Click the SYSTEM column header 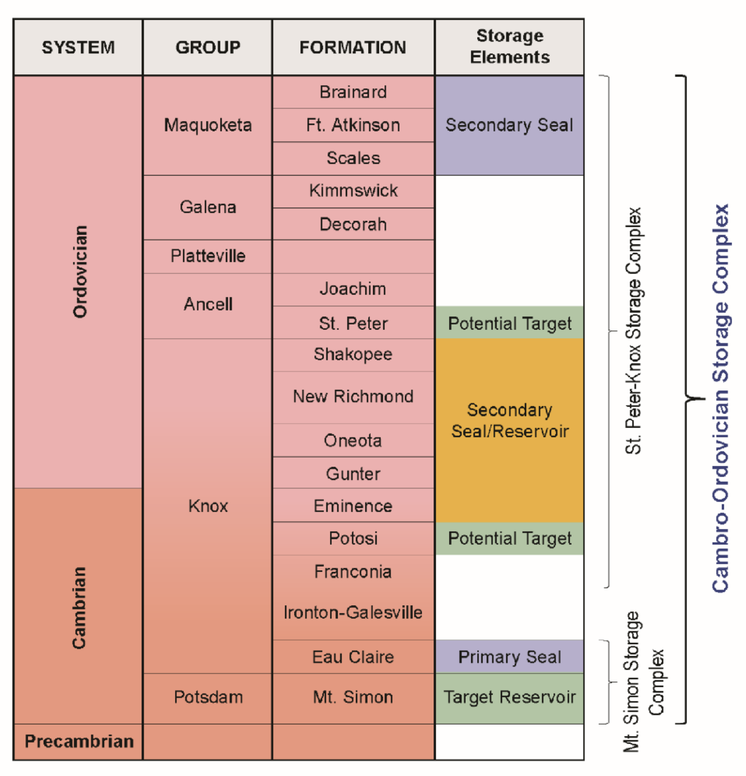pos(78,47)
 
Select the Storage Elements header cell pos(509,47)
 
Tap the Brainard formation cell pos(353,92)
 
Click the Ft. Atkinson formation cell pos(353,125)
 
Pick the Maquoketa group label pos(208,125)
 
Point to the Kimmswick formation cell pos(353,191)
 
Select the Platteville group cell pos(208,256)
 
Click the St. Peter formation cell pos(353,323)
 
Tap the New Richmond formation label pos(353,396)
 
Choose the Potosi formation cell pos(353,538)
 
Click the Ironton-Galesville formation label pos(353,613)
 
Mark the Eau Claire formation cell pos(353,657)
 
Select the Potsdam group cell pos(208,697)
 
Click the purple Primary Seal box pos(509,657)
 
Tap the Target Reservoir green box pos(509,697)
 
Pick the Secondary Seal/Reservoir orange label pos(509,421)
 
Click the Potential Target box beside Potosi pos(509,538)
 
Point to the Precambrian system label pos(79,741)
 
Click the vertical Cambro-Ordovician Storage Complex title pos(720,398)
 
